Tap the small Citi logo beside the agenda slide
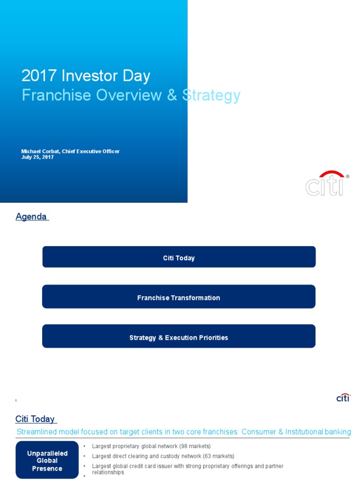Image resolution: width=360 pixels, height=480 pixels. pyautogui.click(x=343, y=397)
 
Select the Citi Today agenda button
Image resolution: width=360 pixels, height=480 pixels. pyautogui.click(x=179, y=258)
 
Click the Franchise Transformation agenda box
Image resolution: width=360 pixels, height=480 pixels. pyautogui.click(x=179, y=298)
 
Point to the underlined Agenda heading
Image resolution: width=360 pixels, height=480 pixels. pyautogui.click(x=31, y=217)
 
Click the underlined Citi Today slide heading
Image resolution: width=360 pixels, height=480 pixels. pyautogui.click(x=35, y=419)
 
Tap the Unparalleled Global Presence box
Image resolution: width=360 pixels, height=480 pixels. pyautogui.click(x=47, y=461)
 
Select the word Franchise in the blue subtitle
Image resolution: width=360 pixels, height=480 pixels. pyautogui.click(x=56, y=95)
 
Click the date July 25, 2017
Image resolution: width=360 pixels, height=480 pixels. pyautogui.click(x=37, y=157)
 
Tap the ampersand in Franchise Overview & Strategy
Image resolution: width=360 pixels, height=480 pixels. pyautogui.click(x=172, y=95)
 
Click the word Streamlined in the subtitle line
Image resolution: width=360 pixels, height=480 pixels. pyautogui.click(x=38, y=432)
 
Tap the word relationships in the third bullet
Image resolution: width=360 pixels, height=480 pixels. pyautogui.click(x=108, y=472)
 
